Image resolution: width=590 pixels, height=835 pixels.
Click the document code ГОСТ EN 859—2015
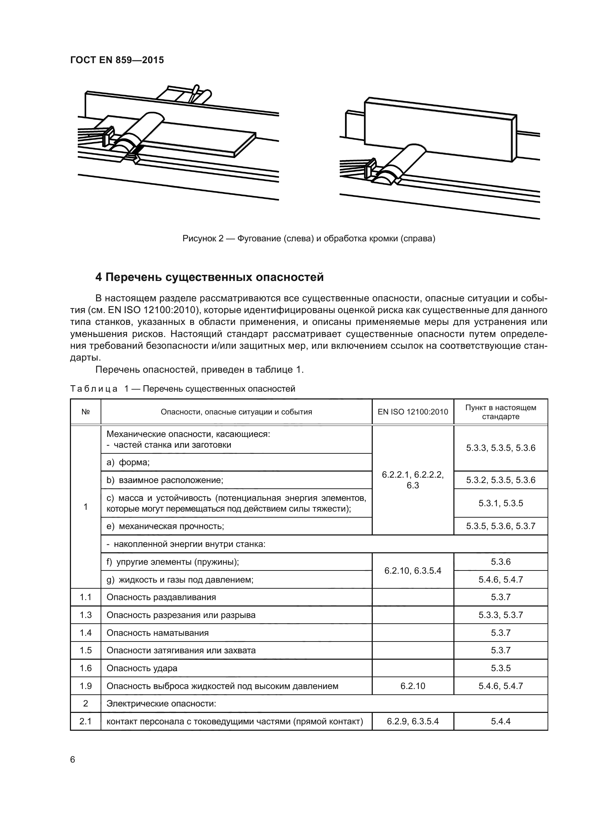pyautogui.click(x=117, y=60)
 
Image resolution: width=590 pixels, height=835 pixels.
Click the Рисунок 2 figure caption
pyautogui.click(x=309, y=238)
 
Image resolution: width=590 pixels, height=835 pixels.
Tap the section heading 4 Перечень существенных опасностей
pyautogui.click(x=209, y=277)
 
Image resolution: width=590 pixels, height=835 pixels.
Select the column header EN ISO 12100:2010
pyautogui.click(x=413, y=412)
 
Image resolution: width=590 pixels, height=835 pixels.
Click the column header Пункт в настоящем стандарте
pyautogui.click(x=500, y=412)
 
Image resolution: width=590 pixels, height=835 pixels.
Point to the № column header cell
pyautogui.click(x=85, y=412)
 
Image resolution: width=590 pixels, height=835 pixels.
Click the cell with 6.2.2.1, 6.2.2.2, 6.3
pyautogui.click(x=413, y=480)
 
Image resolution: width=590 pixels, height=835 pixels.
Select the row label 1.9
pyautogui.click(x=85, y=686)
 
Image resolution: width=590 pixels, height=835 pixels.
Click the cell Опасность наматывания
pyautogui.click(x=157, y=633)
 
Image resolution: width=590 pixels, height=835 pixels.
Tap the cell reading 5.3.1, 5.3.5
pyautogui.click(x=500, y=503)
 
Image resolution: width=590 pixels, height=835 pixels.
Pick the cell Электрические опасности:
pyautogui.click(x=161, y=704)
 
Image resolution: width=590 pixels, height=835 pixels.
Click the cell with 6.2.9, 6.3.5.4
pyautogui.click(x=413, y=721)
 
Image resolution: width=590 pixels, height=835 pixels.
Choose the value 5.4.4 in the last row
pyautogui.click(x=500, y=721)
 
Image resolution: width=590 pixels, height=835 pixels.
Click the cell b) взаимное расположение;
pyautogui.click(x=164, y=480)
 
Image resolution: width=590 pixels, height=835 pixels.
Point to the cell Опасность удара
pyautogui.click(x=142, y=668)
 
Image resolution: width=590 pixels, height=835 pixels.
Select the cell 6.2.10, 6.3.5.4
pyautogui.click(x=413, y=570)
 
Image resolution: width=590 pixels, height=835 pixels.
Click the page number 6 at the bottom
pyautogui.click(x=72, y=760)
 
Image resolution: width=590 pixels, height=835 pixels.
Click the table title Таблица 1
pyautogui.click(x=182, y=389)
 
